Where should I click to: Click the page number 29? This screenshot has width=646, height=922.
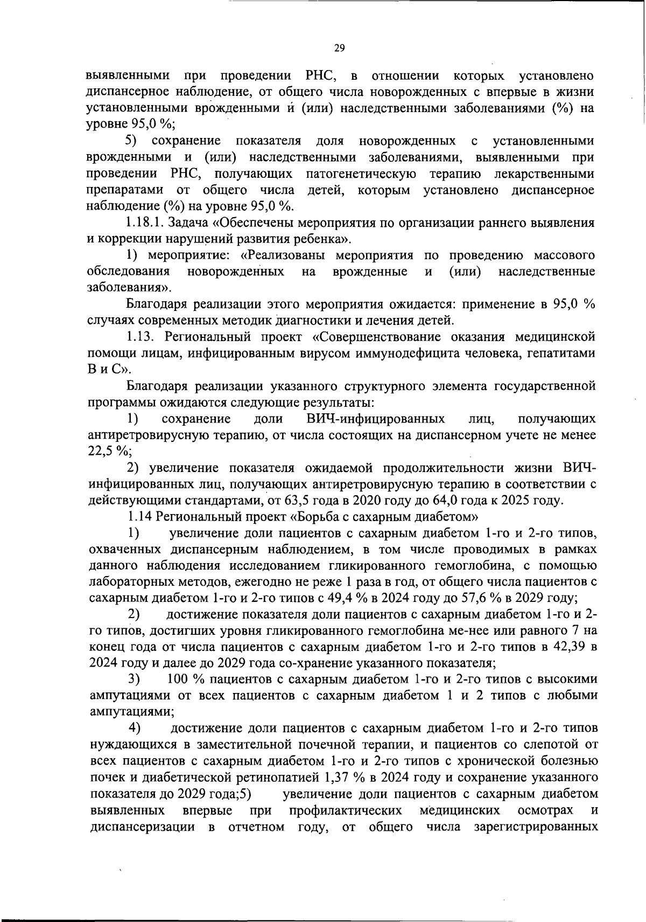339,48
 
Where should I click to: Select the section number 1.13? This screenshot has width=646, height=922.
141,337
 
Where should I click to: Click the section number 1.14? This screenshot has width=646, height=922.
141,516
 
